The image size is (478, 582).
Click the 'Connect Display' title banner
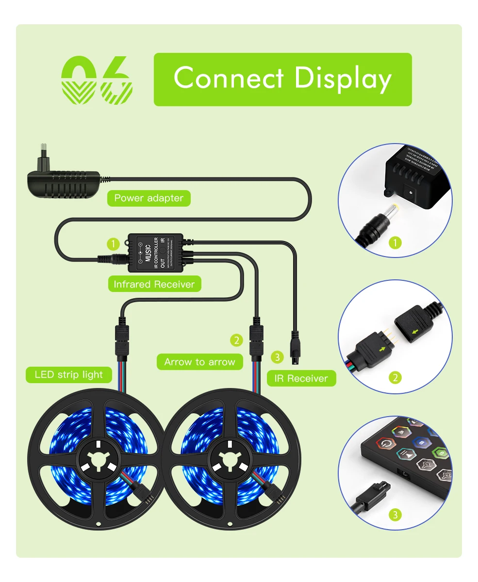pyautogui.click(x=282, y=79)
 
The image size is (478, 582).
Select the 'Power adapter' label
pyautogui.click(x=148, y=198)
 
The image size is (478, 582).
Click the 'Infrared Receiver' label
pyautogui.click(x=154, y=284)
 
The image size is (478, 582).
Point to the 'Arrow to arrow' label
pyautogui.click(x=199, y=362)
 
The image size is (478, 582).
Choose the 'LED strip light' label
pyautogui.click(x=69, y=374)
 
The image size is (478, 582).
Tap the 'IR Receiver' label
pyautogui.click(x=301, y=378)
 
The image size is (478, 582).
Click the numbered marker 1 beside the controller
pyautogui.click(x=113, y=243)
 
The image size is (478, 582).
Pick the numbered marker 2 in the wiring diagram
pyautogui.click(x=236, y=340)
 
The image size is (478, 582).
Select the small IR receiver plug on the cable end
pyautogui.click(x=295, y=346)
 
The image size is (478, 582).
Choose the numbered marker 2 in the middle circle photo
pyautogui.click(x=396, y=377)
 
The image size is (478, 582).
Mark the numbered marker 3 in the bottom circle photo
pyautogui.click(x=396, y=514)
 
